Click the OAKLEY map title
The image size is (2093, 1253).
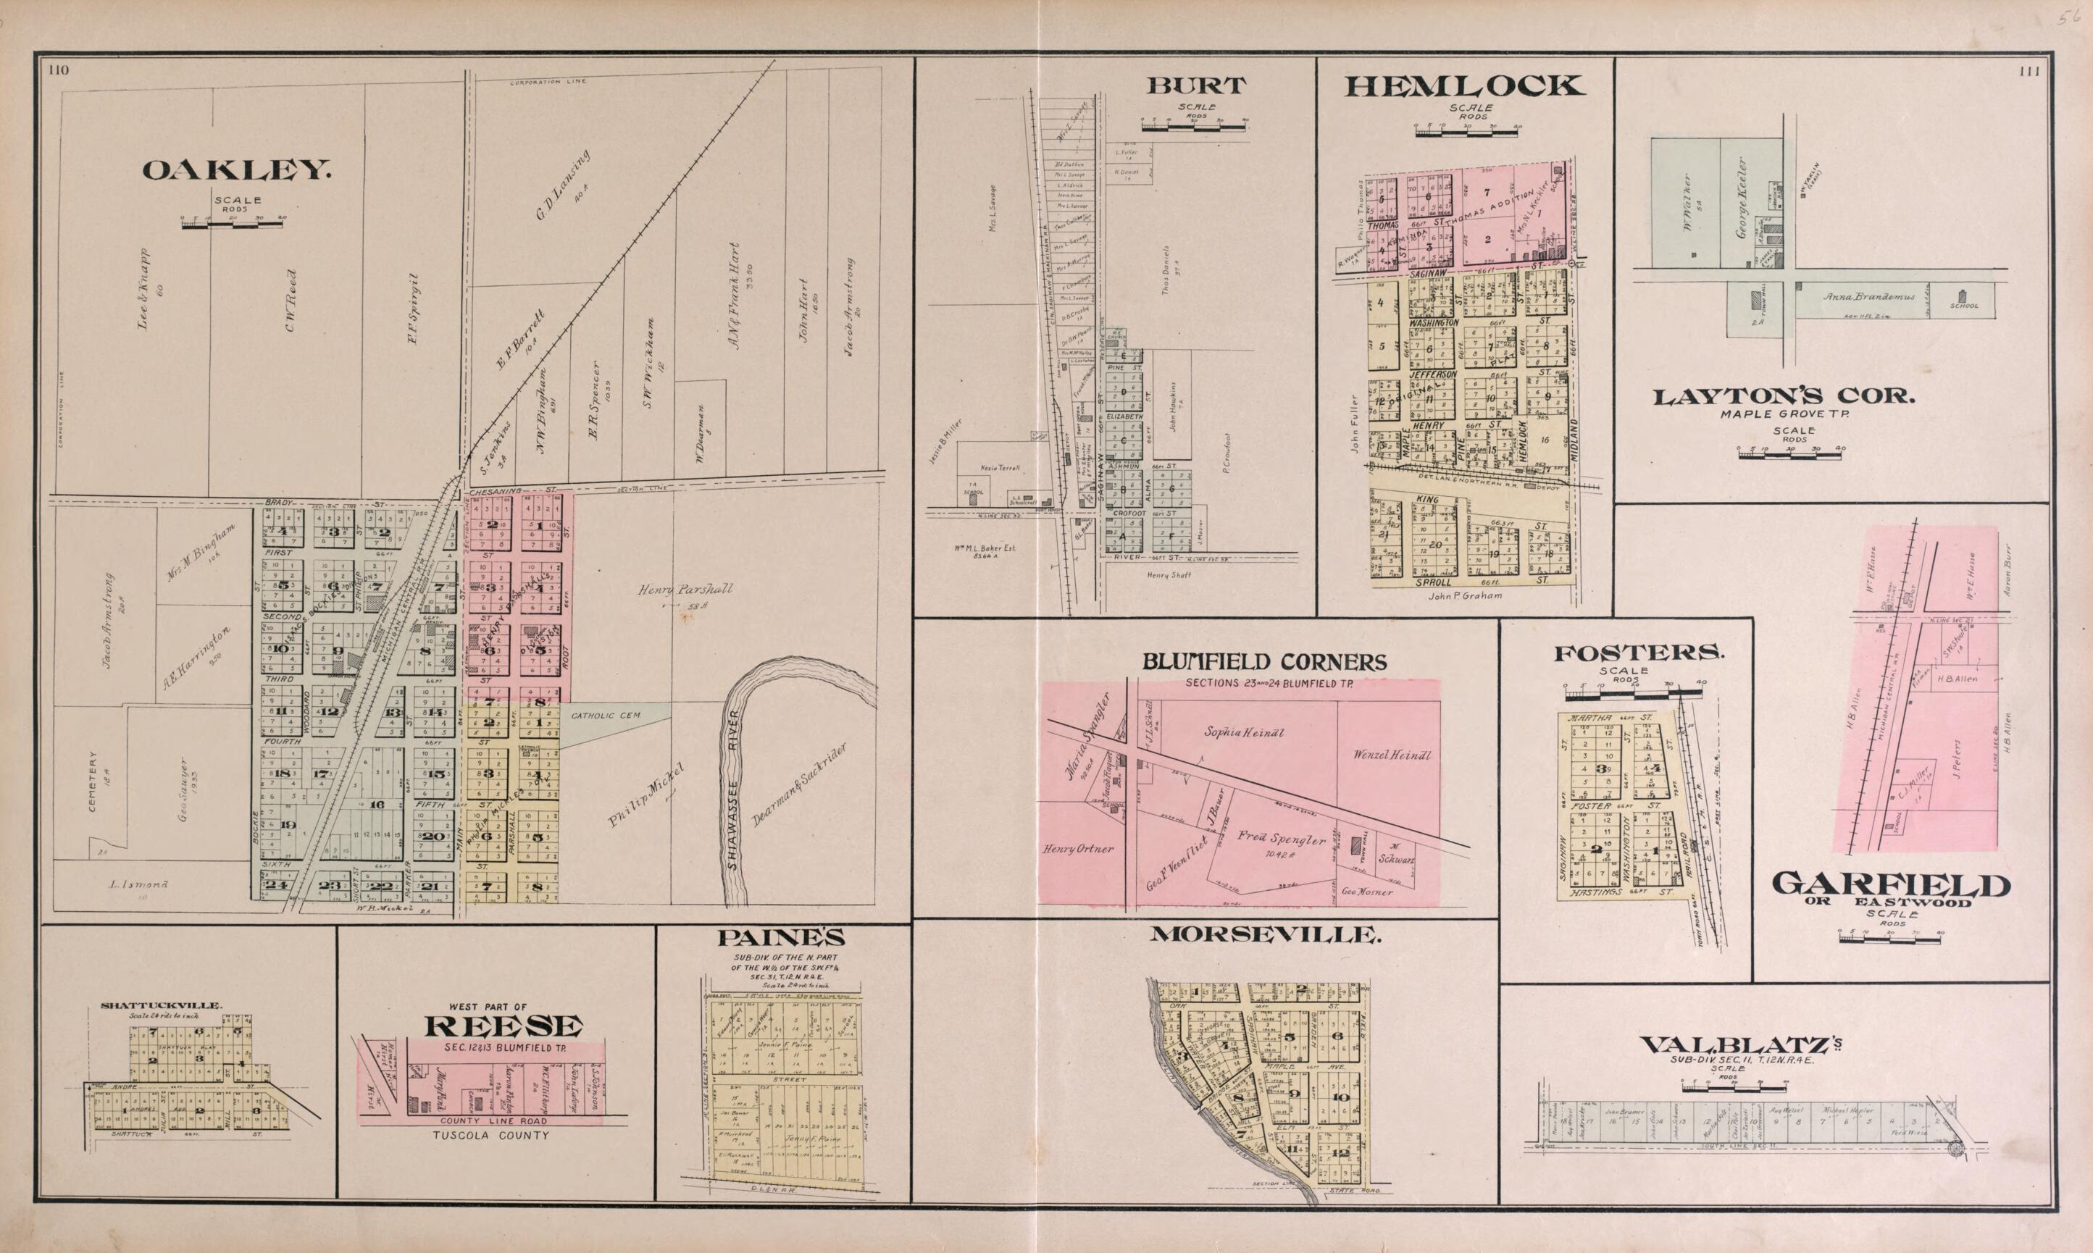click(x=236, y=172)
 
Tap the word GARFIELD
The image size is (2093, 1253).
click(x=1890, y=884)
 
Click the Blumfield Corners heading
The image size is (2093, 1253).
click(x=1264, y=663)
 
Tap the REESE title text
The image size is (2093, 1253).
click(x=504, y=1026)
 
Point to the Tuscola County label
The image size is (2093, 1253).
click(x=490, y=1135)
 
